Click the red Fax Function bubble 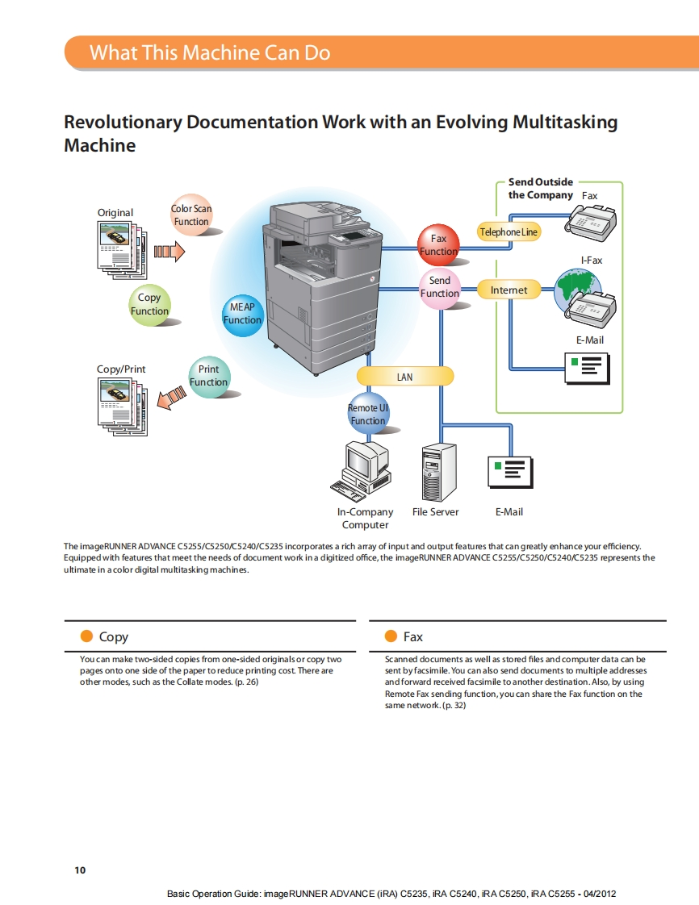(438, 244)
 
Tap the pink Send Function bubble (440, 287)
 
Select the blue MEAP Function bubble (242, 314)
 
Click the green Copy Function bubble (149, 304)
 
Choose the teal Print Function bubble (208, 376)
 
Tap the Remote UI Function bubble (368, 415)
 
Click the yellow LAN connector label (405, 377)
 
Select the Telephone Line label (509, 232)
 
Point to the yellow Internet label (509, 290)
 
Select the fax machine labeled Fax (591, 219)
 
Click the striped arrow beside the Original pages (170, 252)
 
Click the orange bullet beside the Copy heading (87, 636)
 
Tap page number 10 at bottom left (79, 870)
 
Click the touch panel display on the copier (355, 236)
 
